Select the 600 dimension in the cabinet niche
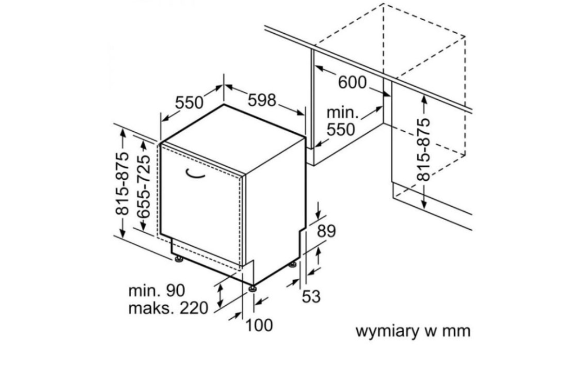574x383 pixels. coord(352,82)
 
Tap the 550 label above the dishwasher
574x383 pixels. coord(189,103)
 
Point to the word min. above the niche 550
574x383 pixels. coord(343,112)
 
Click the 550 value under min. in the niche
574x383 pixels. coord(342,130)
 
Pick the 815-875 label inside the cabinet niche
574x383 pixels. coord(423,150)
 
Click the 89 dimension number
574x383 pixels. coord(326,231)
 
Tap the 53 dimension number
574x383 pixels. coord(311,296)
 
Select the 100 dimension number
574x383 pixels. coord(259,325)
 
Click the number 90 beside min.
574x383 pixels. coord(173,291)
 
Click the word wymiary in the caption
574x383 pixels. coord(388,331)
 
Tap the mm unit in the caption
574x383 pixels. coord(456,331)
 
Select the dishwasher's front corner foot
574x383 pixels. coord(253,288)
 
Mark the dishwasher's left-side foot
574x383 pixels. coord(179,259)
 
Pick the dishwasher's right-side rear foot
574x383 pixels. coord(293,264)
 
